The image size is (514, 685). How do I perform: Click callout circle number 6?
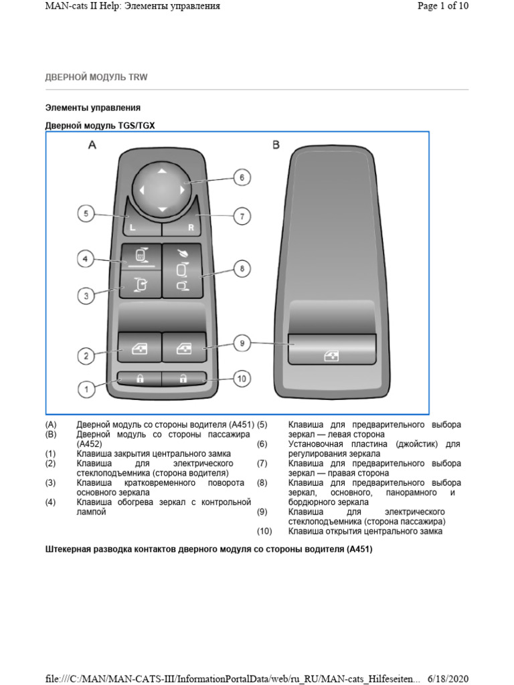242,178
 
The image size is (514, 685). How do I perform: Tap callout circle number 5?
85,213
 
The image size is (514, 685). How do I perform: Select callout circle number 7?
242,216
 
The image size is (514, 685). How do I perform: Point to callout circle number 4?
85,258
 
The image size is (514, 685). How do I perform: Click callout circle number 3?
85,295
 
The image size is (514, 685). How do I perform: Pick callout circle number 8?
242,269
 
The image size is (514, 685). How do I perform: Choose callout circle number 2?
85,357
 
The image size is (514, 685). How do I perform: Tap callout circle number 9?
242,344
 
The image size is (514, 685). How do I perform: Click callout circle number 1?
85,387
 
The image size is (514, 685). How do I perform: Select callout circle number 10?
242,379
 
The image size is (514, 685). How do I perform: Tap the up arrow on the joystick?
161,172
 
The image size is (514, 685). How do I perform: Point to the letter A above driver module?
92,145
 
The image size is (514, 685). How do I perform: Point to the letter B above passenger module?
276,145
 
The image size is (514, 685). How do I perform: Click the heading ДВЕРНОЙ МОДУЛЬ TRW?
96,78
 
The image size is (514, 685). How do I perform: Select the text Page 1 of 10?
442,6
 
